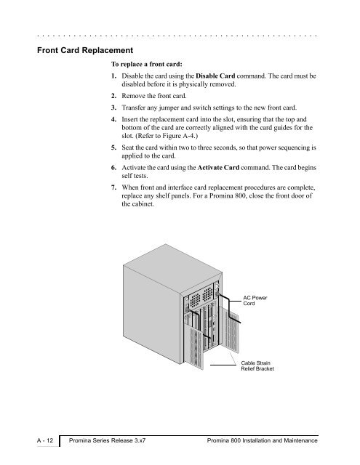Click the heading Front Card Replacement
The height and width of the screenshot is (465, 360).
85,50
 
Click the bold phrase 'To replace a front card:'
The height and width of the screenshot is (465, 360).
147,64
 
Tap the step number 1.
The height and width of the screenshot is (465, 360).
113,76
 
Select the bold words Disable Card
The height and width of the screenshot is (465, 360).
215,76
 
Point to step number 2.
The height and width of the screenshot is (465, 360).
113,96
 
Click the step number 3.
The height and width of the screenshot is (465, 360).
113,108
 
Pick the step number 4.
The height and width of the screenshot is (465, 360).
113,119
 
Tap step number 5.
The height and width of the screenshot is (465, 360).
113,147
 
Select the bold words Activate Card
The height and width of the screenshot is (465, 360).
218,168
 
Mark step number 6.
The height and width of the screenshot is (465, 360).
113,168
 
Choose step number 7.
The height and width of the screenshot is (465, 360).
113,187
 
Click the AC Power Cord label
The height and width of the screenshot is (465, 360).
255,300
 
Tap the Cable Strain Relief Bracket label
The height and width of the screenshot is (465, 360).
257,365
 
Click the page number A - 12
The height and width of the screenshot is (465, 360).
45,440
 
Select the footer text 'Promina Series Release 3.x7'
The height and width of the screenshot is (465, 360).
107,440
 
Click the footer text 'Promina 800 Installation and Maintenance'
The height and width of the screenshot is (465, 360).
263,440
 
